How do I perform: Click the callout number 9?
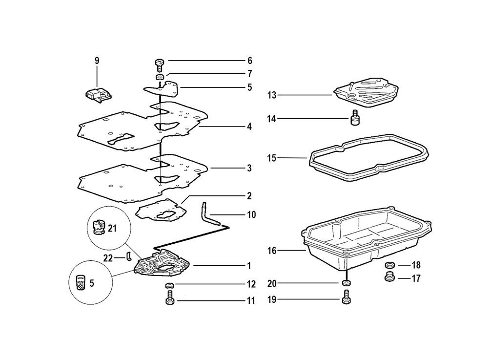[x=97, y=61]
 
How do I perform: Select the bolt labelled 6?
[x=160, y=64]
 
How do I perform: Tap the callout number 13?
[x=271, y=95]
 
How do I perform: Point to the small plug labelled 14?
[x=355, y=119]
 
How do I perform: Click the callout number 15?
[x=271, y=158]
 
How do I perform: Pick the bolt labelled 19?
[x=347, y=296]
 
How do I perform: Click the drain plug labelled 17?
[x=389, y=278]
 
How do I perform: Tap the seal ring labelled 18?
[x=389, y=265]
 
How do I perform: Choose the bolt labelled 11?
[x=169, y=298]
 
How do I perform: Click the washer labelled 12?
[x=169, y=285]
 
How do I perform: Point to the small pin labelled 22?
[x=129, y=255]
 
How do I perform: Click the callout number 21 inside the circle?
[x=112, y=228]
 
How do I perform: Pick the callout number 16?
[x=271, y=251]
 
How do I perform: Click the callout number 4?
[x=249, y=127]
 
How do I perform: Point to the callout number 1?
[x=249, y=266]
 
